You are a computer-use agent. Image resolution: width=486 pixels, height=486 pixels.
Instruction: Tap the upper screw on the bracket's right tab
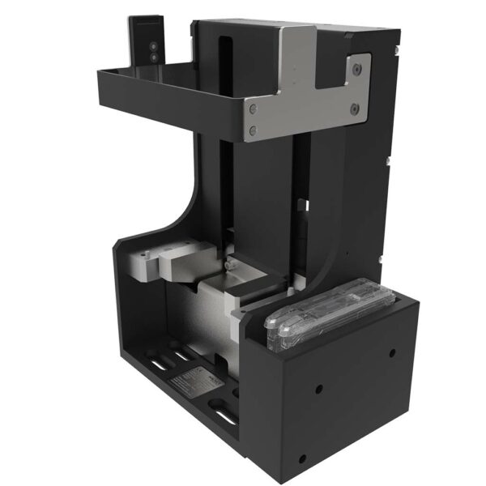355,70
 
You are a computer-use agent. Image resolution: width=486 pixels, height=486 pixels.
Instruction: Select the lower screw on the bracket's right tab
354,108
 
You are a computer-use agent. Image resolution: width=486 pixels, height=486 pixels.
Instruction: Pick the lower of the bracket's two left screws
254,129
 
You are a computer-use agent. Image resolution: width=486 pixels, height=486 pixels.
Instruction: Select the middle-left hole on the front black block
318,387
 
